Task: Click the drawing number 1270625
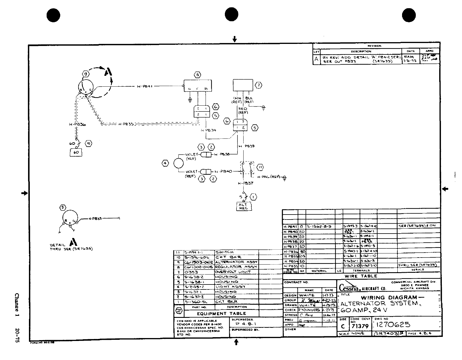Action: tap(393, 325)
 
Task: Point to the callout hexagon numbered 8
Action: tap(198, 75)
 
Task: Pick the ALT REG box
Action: tap(243, 206)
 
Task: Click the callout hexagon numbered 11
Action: tap(260, 167)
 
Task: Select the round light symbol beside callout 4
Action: tap(178, 163)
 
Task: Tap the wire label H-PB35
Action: tap(126, 124)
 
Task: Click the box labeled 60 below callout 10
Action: tap(76, 152)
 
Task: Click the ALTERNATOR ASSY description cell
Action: tap(236, 262)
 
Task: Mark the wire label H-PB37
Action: tap(246, 183)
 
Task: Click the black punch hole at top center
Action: tap(232, 15)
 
